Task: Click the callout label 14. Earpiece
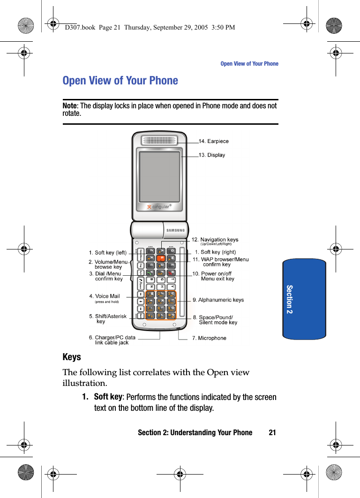pyautogui.click(x=214, y=141)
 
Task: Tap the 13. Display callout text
pyautogui.click(x=212, y=155)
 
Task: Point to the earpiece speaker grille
pyautogui.click(x=160, y=140)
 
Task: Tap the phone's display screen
pyautogui.click(x=159, y=176)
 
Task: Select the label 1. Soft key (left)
pyautogui.click(x=108, y=253)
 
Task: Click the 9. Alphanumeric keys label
pyautogui.click(x=218, y=300)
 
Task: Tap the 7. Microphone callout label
pyautogui.click(x=209, y=338)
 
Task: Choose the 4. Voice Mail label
pyautogui.click(x=105, y=296)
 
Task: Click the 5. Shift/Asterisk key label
pyautogui.click(x=107, y=317)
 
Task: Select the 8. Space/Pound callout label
pyautogui.click(x=216, y=317)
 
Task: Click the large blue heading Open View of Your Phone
pyautogui.click(x=120, y=81)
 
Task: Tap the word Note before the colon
pyautogui.click(x=70, y=106)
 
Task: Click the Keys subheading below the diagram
pyautogui.click(x=72, y=357)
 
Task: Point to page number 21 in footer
pyautogui.click(x=272, y=432)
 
